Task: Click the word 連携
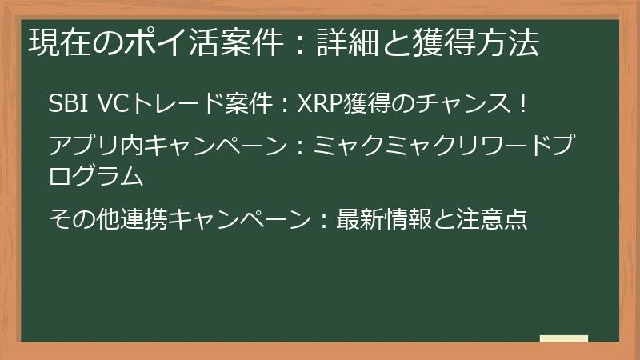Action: click(x=145, y=218)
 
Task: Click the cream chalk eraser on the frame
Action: click(x=563, y=338)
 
